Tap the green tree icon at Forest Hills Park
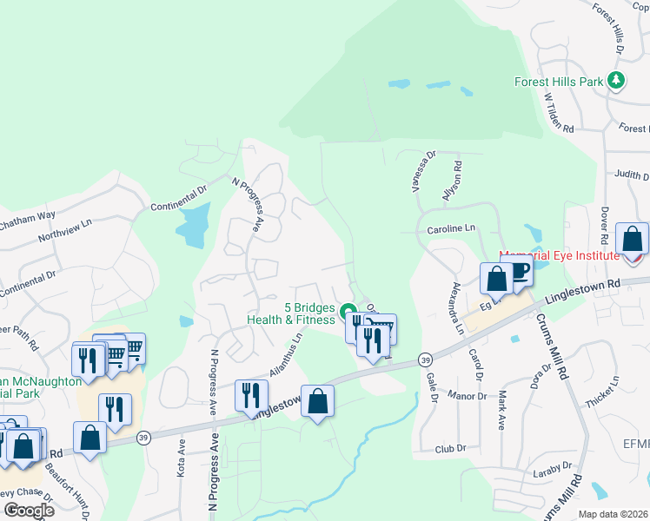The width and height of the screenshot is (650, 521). tap(616, 81)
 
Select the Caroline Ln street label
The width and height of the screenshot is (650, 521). tap(452, 229)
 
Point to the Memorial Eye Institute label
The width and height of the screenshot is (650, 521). tap(559, 255)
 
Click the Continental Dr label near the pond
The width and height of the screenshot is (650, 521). tap(180, 197)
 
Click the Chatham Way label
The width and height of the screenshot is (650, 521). tap(26, 217)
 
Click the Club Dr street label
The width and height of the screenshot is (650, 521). tap(451, 449)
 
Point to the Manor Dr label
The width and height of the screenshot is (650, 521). tap(469, 396)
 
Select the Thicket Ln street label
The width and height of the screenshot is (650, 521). tap(602, 387)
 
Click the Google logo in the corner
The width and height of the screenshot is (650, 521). tap(28, 511)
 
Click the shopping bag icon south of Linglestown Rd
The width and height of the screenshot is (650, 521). tap(318, 401)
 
